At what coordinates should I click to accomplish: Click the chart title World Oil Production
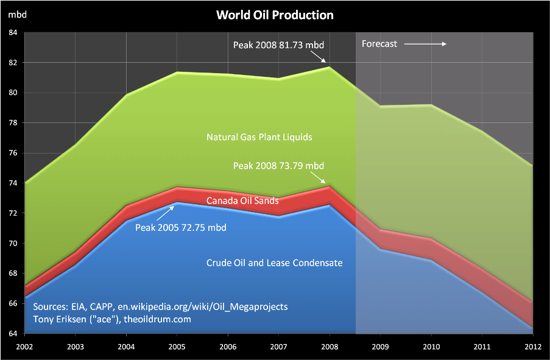pyautogui.click(x=275, y=15)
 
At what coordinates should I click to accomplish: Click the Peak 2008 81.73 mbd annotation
pyautogui.click(x=278, y=44)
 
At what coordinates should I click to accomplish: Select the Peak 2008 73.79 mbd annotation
pyautogui.click(x=278, y=166)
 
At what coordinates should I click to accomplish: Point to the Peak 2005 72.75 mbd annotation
pyautogui.click(x=181, y=228)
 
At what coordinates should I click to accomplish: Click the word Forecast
pyautogui.click(x=379, y=44)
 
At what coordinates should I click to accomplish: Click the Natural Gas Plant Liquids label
pyautogui.click(x=259, y=137)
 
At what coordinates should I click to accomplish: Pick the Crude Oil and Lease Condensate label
pyautogui.click(x=274, y=263)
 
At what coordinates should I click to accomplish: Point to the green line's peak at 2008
pyautogui.click(x=330, y=67)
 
